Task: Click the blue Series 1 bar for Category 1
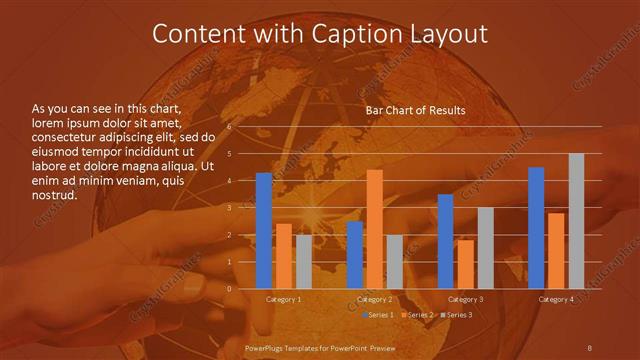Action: coord(264,231)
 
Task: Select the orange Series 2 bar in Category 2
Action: coord(375,229)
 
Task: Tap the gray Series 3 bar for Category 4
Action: coord(576,221)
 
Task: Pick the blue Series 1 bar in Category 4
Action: coord(536,228)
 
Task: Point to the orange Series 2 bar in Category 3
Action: coord(465,264)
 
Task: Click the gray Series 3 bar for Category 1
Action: coord(304,262)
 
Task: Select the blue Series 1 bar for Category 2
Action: coord(355,255)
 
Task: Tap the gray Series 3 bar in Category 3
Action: coord(485,248)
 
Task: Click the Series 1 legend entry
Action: coord(376,315)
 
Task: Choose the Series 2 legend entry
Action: coord(415,315)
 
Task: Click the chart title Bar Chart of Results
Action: coord(415,111)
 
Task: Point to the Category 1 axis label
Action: coord(284,299)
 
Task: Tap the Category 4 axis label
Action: coord(556,299)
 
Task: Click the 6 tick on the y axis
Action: coord(229,127)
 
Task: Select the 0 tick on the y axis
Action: coord(229,288)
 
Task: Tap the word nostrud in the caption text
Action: coord(55,195)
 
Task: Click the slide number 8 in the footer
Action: coord(589,347)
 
